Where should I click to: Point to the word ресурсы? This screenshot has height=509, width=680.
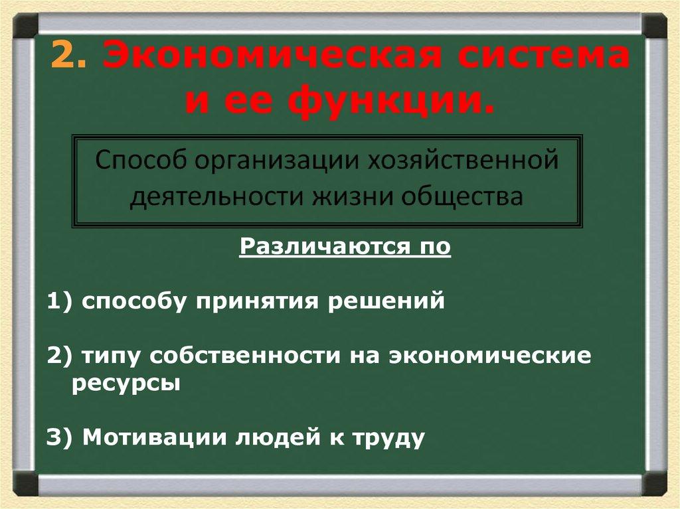(x=126, y=384)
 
